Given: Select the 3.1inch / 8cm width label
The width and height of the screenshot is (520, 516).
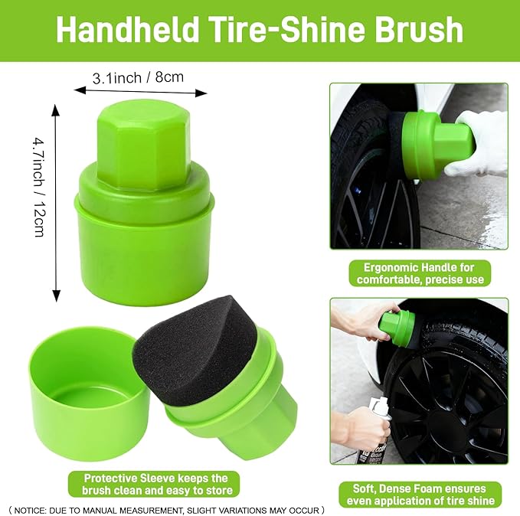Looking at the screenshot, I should click(138, 77).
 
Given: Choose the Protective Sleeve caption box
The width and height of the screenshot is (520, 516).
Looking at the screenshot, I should click(152, 484).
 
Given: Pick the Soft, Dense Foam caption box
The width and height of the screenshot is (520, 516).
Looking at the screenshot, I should click(419, 494).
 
